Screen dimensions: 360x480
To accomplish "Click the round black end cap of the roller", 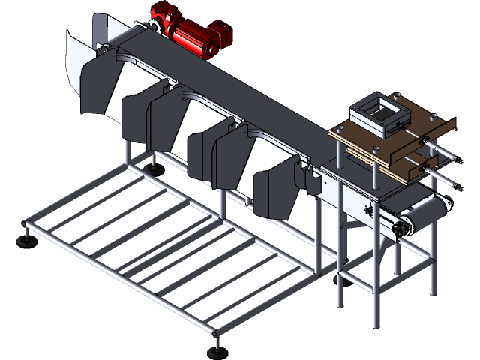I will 406,224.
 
